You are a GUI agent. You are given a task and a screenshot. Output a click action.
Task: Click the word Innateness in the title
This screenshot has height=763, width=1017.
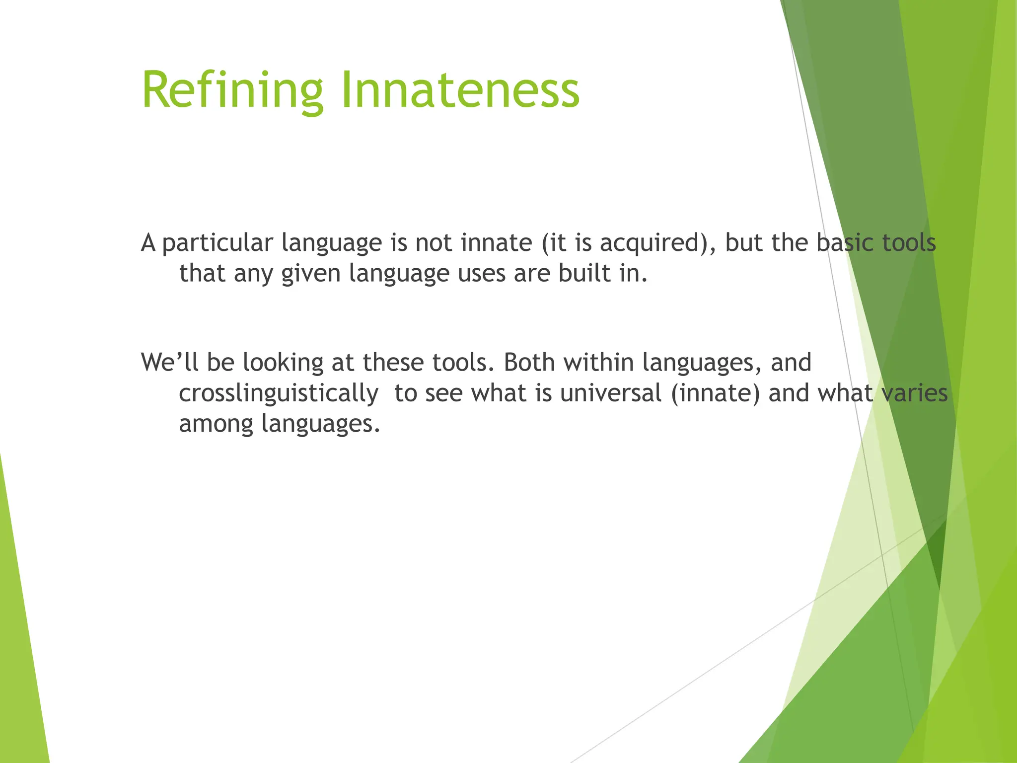[460, 90]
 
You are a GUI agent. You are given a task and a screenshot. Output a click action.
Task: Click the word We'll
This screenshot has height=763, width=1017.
[170, 362]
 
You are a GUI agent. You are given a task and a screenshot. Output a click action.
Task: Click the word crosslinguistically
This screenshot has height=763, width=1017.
[279, 393]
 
